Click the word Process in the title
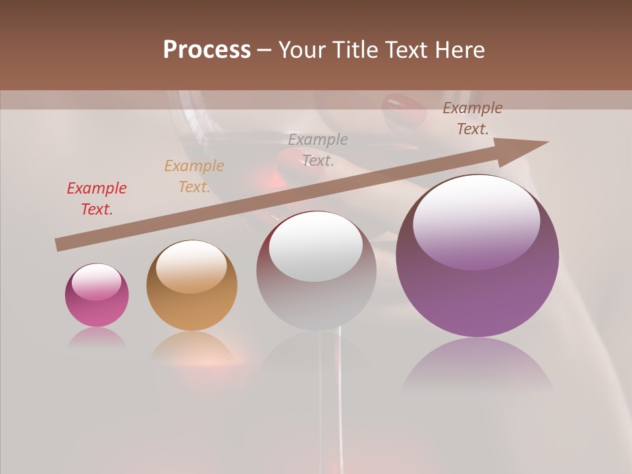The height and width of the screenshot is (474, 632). [207, 50]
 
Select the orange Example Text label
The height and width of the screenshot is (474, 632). [194, 176]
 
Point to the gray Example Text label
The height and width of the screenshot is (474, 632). [318, 149]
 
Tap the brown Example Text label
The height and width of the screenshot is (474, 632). [473, 118]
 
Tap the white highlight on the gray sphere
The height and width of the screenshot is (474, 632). [316, 247]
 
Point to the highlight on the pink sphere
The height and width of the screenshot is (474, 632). [97, 281]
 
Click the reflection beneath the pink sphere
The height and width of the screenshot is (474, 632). [97, 337]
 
